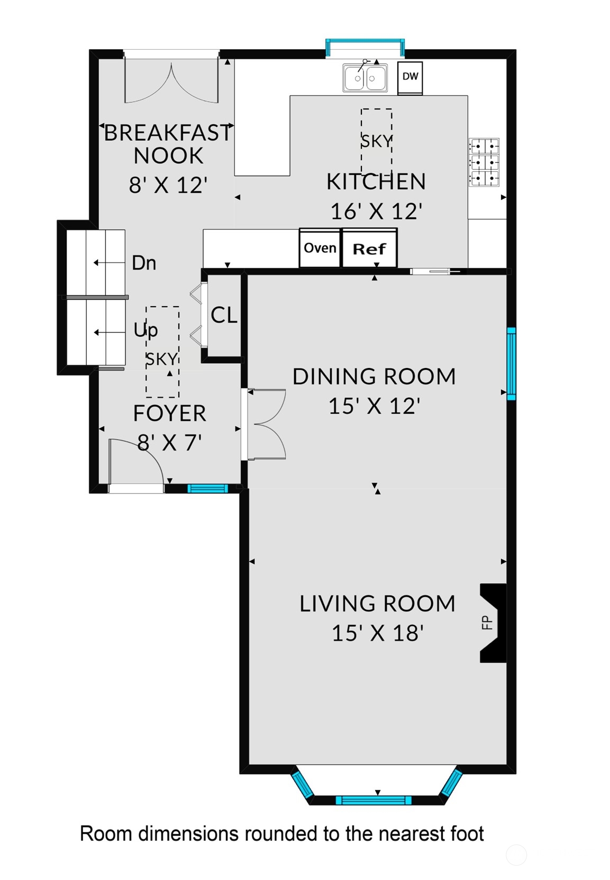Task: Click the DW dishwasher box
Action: tap(410, 78)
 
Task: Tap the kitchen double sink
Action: tap(365, 78)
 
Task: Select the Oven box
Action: tap(320, 248)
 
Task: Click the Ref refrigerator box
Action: tap(369, 248)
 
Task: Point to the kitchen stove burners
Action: tap(484, 162)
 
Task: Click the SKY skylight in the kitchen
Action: tap(376, 141)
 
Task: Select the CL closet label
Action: tap(224, 315)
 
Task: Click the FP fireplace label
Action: tap(487, 622)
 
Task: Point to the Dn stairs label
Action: tap(144, 263)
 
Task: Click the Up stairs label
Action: tap(145, 330)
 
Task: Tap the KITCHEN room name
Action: tap(376, 181)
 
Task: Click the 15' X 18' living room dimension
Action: tap(377, 633)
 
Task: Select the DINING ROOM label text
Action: tap(374, 377)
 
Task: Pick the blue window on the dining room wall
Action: tap(511, 363)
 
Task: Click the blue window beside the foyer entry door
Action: tap(207, 488)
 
